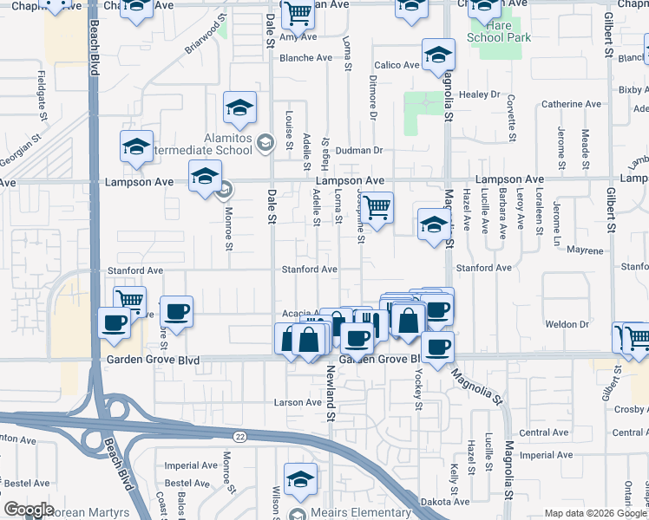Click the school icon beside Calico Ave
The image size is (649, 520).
[439, 55]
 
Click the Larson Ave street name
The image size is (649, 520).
[298, 402]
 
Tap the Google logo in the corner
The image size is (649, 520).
[29, 510]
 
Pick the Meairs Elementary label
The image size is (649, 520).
[347, 513]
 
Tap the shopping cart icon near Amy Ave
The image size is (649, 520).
[298, 13]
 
